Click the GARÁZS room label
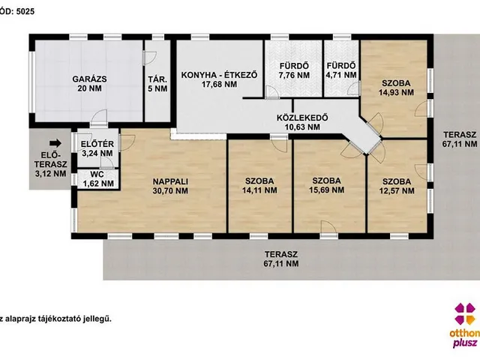pyautogui.click(x=89, y=79)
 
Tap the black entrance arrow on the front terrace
pyautogui.click(x=55, y=143)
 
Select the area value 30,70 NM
pyautogui.click(x=170, y=191)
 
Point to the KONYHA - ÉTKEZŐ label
pyautogui.click(x=219, y=75)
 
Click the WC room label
pyautogui.click(x=97, y=175)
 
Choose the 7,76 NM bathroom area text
pyautogui.click(x=294, y=75)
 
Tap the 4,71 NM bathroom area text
pyautogui.click(x=341, y=75)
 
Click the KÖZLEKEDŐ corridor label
pyautogui.click(x=302, y=118)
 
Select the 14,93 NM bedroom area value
pyautogui.click(x=396, y=92)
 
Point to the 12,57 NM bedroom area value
pyautogui.click(x=397, y=191)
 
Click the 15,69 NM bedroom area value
pyautogui.click(x=326, y=190)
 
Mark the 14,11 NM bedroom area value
pyautogui.click(x=259, y=190)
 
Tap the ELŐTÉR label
pyautogui.click(x=97, y=144)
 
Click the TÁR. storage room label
pyautogui.click(x=157, y=79)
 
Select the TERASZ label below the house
pyautogui.click(x=281, y=254)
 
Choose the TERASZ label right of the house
pyautogui.click(x=460, y=135)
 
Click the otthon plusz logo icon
pyautogui.click(x=465, y=313)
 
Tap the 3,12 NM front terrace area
pyautogui.click(x=50, y=174)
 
